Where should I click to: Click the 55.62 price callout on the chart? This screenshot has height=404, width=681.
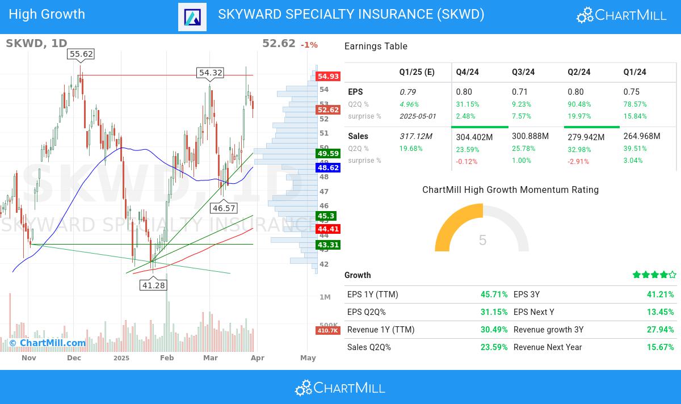tap(80, 54)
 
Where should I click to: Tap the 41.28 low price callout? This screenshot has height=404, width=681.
tap(153, 285)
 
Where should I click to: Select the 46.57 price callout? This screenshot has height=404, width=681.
tap(224, 208)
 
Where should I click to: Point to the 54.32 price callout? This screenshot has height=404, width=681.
tap(211, 72)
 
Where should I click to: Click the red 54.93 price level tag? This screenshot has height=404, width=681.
tap(328, 76)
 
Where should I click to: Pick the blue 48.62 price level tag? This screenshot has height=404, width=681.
tap(328, 168)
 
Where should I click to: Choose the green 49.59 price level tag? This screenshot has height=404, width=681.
tap(328, 153)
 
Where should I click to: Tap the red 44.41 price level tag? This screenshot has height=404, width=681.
tap(328, 229)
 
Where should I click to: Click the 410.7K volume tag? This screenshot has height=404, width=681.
tap(327, 330)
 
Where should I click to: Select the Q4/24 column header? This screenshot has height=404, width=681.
tap(468, 72)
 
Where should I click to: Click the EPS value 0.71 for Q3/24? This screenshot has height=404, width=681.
tap(520, 92)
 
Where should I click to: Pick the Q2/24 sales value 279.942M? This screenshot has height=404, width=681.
tap(587, 137)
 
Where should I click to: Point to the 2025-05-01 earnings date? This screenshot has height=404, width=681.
tap(418, 116)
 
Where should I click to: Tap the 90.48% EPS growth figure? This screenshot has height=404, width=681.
tap(579, 104)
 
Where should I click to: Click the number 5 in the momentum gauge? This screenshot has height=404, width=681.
tap(482, 240)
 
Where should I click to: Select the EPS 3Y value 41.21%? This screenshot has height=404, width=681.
tap(661, 294)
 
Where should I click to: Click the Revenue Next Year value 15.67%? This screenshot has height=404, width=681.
tap(661, 347)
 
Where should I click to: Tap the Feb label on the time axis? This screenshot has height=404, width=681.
tap(166, 358)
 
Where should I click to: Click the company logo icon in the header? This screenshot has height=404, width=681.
tap(192, 17)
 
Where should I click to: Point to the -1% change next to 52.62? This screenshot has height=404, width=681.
tap(309, 45)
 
